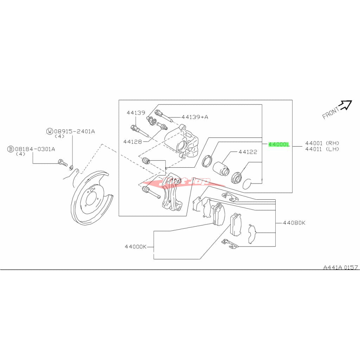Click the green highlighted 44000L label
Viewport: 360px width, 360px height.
tap(278, 144)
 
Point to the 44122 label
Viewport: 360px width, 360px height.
tap(247, 152)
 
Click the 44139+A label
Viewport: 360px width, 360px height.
tap(195, 117)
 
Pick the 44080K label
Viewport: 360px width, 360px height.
tap(294, 223)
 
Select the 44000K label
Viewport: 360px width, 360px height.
tap(136, 246)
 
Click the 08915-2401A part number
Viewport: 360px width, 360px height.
tap(74, 131)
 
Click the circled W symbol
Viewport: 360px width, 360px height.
tap(50, 131)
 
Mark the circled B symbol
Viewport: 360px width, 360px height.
tap(11, 149)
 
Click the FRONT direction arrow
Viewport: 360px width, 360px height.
tap(345, 104)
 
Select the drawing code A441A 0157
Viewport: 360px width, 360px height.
tap(341, 267)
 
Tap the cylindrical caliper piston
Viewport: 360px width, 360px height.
tap(221, 168)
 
